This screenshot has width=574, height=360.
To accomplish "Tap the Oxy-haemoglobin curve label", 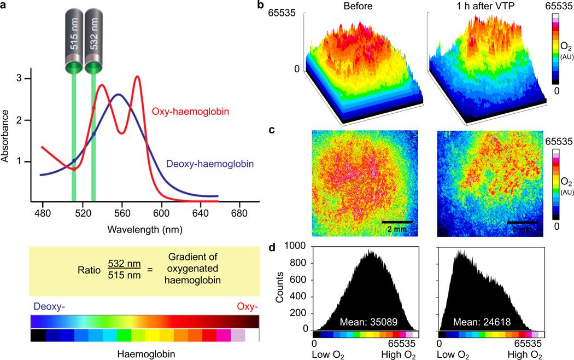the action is pyautogui.click(x=190, y=111).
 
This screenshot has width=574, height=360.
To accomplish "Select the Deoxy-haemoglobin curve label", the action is pyautogui.click(x=210, y=164).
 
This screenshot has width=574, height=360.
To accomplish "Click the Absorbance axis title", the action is pyautogui.click(x=5, y=136).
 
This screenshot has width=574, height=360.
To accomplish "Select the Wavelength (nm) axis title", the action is pyautogui.click(x=145, y=230).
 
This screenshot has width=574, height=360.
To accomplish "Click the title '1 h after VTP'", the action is pyautogui.click(x=485, y=6).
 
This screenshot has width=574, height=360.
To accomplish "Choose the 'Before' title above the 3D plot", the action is pyautogui.click(x=358, y=6).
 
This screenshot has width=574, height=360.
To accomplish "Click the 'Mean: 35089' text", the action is pyautogui.click(x=368, y=322).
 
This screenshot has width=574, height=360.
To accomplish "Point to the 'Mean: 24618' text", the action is pyautogui.click(x=482, y=322).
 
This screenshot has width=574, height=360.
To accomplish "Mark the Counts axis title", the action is pyautogui.click(x=280, y=287).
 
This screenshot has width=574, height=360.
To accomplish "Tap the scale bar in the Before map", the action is pyautogui.click(x=397, y=222).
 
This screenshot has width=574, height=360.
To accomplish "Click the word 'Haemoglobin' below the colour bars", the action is pyautogui.click(x=146, y=354).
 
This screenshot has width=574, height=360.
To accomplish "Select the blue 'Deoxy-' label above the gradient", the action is pyautogui.click(x=49, y=306).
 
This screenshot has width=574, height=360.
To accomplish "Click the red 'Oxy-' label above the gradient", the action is pyautogui.click(x=247, y=306).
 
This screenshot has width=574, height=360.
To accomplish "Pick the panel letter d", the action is pyautogui.click(x=272, y=248).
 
